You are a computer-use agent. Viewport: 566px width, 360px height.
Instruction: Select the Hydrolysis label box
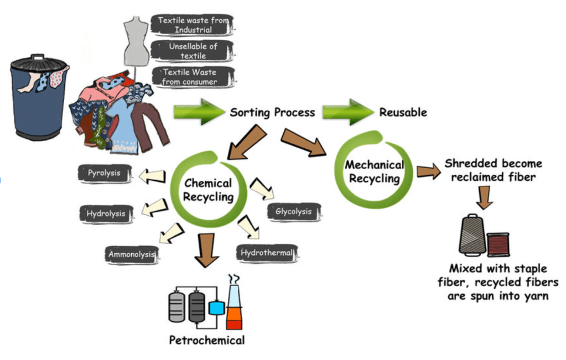[x=106, y=213]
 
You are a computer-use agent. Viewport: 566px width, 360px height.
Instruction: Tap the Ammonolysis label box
[x=132, y=255]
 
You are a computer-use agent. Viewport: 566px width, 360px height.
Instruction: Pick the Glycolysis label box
[x=293, y=212]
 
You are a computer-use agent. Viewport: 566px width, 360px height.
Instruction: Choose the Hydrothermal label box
[x=267, y=253]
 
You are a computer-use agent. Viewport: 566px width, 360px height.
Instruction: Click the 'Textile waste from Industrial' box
[x=193, y=25]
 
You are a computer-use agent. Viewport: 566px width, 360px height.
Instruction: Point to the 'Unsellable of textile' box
[x=193, y=51]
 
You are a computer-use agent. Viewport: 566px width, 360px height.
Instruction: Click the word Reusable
[x=403, y=112]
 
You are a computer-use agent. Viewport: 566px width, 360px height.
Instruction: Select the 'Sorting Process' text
[x=272, y=112]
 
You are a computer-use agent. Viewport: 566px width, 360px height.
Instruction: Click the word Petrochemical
[x=206, y=340]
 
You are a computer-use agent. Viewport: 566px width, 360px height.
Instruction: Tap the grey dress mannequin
[x=136, y=41]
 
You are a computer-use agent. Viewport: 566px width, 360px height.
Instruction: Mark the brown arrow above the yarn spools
[x=484, y=196]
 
